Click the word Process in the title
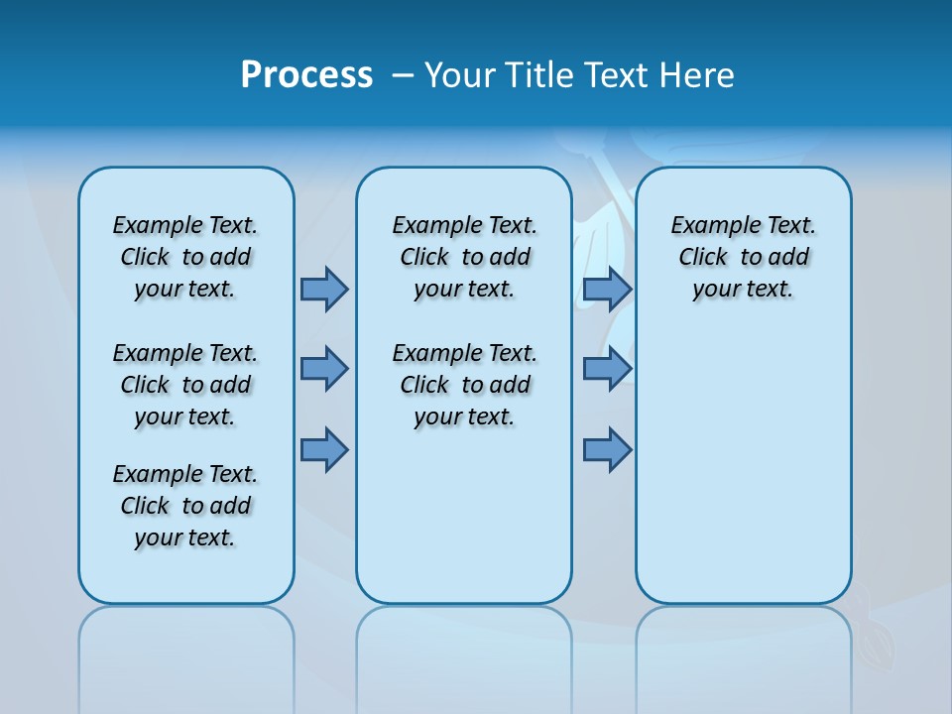click(x=306, y=75)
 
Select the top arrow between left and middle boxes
click(x=324, y=289)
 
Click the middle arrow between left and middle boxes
click(x=324, y=369)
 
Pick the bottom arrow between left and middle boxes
click(x=324, y=450)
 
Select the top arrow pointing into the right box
click(x=607, y=289)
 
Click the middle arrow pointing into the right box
click(x=607, y=369)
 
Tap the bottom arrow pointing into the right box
click(x=607, y=450)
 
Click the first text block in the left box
click(x=185, y=257)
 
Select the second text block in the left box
click(x=185, y=385)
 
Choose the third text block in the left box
click(x=185, y=506)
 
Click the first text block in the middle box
click(x=464, y=257)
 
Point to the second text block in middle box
click(x=464, y=385)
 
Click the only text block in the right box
click(x=743, y=257)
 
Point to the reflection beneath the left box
click(x=186, y=654)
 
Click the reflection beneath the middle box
click(x=464, y=654)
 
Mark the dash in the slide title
click(x=403, y=75)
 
